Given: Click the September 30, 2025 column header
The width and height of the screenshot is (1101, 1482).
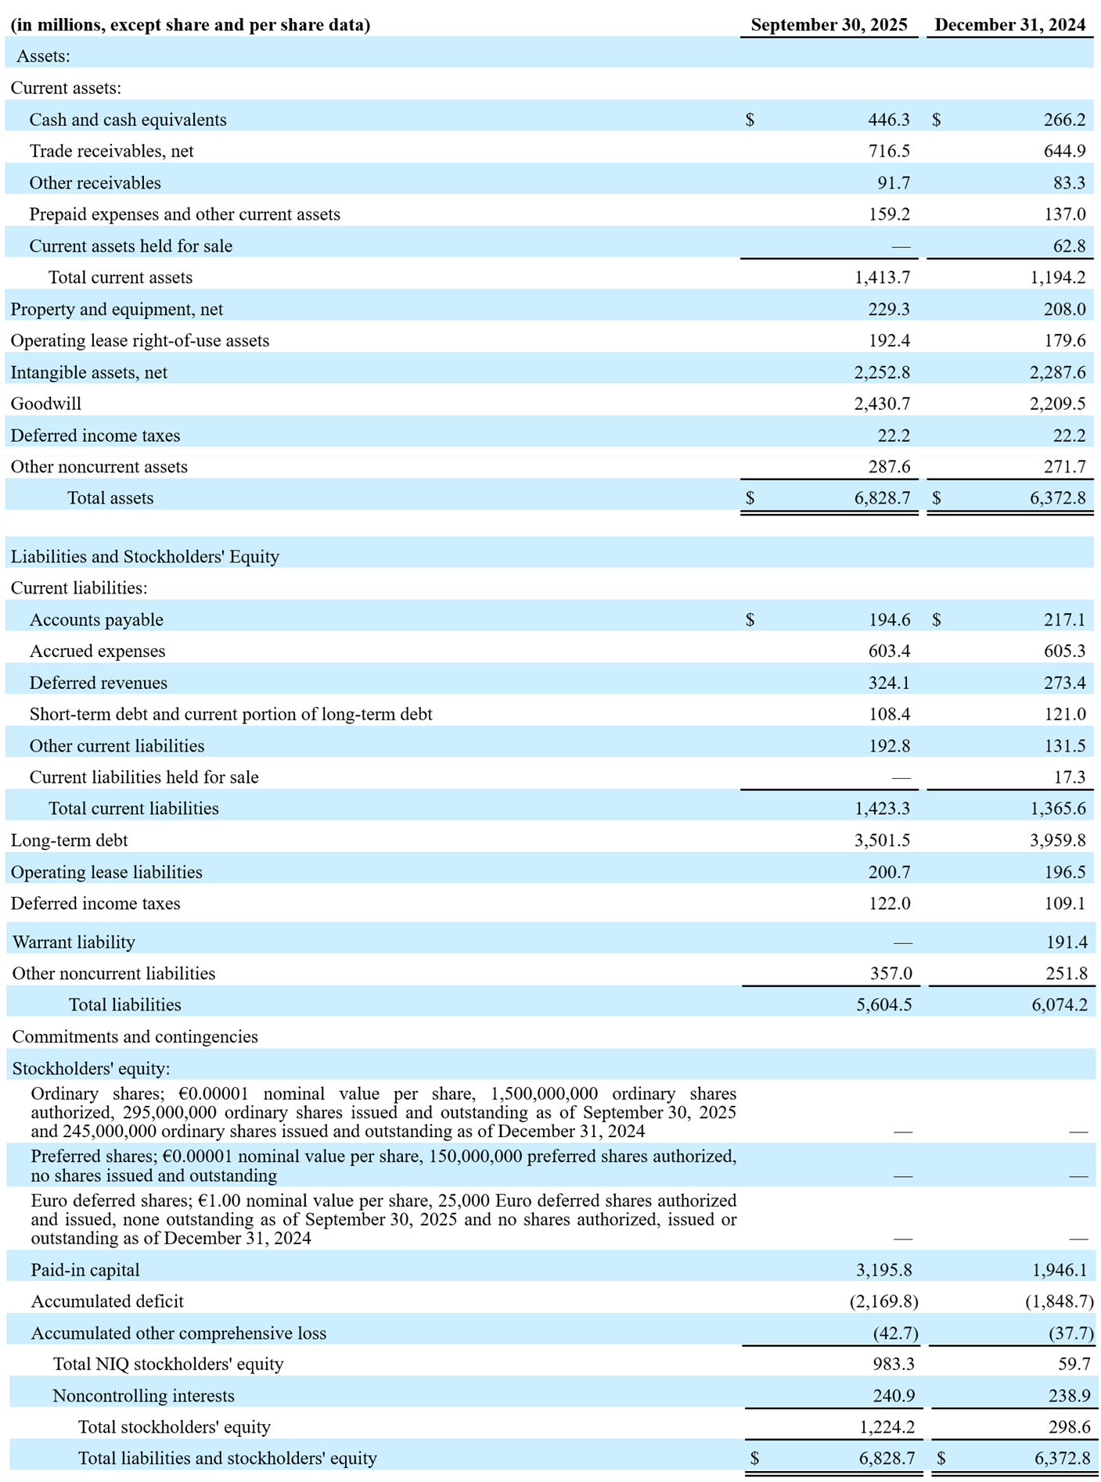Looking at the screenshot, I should coord(829,25).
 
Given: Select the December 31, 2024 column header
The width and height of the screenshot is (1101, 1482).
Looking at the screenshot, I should coord(1009,25).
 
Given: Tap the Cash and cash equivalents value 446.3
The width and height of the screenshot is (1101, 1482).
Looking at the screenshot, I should coord(889,120).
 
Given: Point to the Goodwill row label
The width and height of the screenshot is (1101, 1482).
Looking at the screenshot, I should coord(46,404).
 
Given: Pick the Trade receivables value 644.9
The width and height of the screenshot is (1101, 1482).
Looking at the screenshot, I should coord(1064,151).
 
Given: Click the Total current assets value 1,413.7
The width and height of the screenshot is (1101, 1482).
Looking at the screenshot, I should coord(882,278).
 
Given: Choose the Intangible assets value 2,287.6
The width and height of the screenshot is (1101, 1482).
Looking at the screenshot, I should coord(1057,372).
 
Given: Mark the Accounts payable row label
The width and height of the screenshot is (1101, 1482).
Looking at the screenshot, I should coord(96,619).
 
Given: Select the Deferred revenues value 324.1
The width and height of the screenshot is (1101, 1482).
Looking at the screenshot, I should coord(889,683).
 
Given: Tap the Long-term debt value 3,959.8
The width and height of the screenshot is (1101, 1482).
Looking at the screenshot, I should coord(1057,840).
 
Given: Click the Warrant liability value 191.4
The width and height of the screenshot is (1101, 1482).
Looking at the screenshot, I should coord(1067,942).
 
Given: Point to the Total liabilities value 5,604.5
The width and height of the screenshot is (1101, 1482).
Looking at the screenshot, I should coord(883,1005).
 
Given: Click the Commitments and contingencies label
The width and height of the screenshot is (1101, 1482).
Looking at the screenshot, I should coord(135,1036).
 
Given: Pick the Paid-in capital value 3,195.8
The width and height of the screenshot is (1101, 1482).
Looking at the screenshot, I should coord(883,1270).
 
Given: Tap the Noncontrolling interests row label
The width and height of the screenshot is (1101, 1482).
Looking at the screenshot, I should coord(143,1396).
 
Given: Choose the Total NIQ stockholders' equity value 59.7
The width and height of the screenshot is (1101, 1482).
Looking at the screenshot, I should coord(1074,1364).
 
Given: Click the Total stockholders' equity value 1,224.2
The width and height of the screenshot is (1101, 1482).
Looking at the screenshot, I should coord(887,1427).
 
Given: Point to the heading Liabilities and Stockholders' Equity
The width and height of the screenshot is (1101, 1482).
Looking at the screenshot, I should coord(145,557).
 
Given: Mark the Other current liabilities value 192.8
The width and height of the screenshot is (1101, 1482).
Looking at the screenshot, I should coord(889,746).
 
